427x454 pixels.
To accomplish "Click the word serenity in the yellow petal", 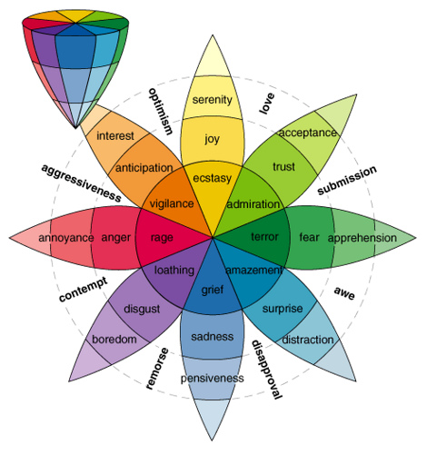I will click(x=213, y=99).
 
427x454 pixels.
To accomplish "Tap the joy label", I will click(x=213, y=139).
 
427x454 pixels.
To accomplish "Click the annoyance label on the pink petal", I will click(x=65, y=238).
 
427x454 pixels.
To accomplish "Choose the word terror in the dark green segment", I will click(x=264, y=238).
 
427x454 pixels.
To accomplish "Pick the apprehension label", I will click(x=361, y=238).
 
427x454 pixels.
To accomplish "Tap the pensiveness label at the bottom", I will click(x=213, y=377).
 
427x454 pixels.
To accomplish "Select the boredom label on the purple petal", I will click(x=114, y=340).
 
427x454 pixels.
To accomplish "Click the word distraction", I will click(x=308, y=340).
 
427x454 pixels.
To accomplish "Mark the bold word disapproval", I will click(x=265, y=368).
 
